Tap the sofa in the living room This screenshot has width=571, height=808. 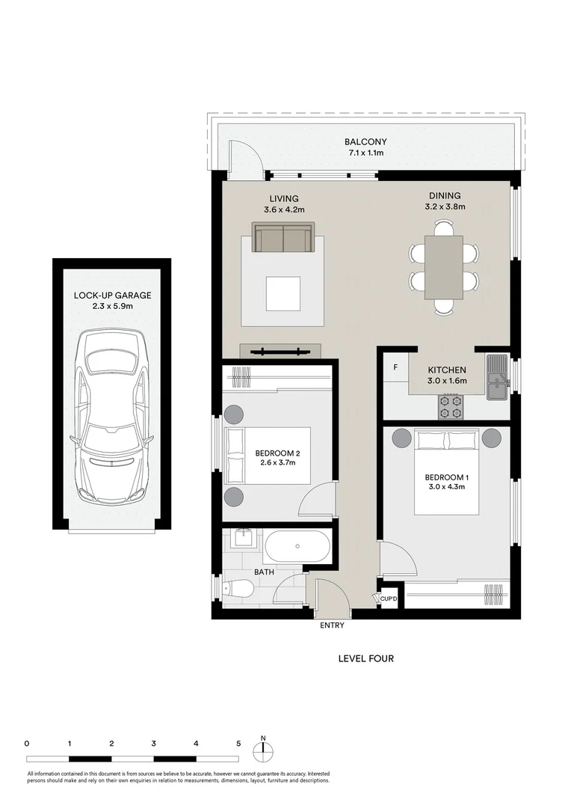283,239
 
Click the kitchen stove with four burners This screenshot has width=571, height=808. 450,406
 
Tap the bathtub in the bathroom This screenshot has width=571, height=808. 297,548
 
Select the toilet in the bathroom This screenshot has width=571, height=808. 239,588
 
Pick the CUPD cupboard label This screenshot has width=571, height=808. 388,599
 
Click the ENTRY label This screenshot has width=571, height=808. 332,625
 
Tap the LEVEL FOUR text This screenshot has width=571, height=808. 365,658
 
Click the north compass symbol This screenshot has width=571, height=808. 263,750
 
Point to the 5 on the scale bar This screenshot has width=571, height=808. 238,744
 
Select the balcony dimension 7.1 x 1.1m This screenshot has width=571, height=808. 365,153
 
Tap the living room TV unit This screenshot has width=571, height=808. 280,351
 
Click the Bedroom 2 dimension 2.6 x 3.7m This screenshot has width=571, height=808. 275,462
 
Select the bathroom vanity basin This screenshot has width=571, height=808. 241,538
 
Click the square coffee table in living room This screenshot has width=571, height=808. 283,293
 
